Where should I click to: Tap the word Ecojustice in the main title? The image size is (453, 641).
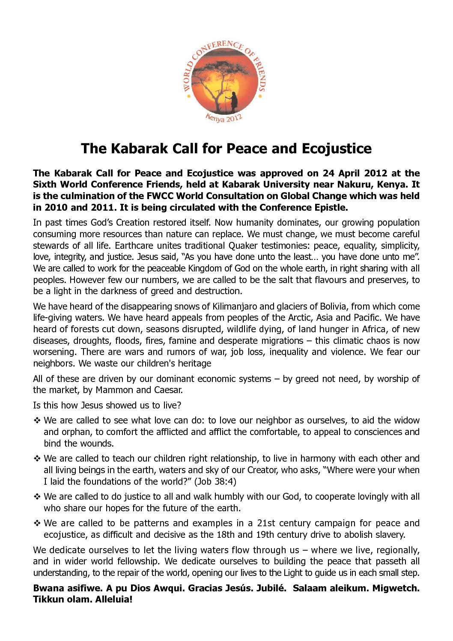tap(337, 149)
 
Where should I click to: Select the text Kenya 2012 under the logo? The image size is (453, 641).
tap(224, 118)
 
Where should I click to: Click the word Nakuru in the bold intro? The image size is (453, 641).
tap(358, 185)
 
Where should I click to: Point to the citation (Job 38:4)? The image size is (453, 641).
tap(215, 481)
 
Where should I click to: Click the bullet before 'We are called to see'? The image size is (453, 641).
tap(37, 420)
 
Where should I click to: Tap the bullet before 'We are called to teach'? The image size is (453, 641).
tap(37, 459)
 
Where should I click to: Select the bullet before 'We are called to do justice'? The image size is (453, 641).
tap(37, 497)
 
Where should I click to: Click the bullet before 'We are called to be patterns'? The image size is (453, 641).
tap(37, 523)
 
